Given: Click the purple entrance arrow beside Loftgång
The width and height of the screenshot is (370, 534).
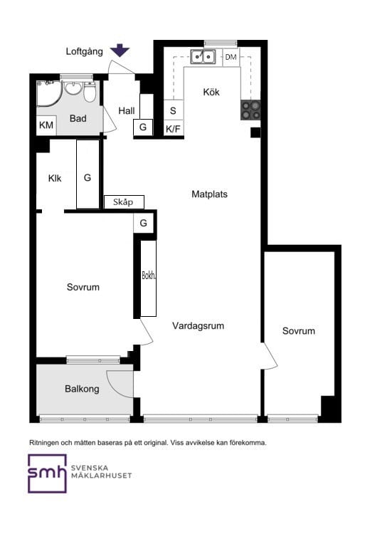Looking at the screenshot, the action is tap(120, 50).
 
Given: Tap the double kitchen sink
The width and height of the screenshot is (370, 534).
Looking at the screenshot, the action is tap(203, 56).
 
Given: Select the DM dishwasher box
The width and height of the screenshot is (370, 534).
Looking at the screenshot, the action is tap(231, 57).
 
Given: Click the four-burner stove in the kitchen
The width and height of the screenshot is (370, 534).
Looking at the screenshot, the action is tap(250, 110).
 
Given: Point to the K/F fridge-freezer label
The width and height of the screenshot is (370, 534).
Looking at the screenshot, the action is tap(173, 129).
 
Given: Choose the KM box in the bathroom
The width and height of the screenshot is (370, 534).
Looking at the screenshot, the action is tap(46, 125).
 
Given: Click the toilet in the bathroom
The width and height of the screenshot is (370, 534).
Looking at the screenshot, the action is tap(90, 92).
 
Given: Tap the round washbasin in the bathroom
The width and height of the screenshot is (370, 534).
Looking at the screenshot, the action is tap(73, 88).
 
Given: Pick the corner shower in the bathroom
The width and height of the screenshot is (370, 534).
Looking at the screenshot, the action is tap(49, 94).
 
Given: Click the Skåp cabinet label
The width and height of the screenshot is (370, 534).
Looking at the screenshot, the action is tap(124, 202).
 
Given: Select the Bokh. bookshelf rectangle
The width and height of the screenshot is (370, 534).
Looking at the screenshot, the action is tap(149, 278).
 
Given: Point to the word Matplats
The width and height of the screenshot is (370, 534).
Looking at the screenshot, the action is tap(209, 194).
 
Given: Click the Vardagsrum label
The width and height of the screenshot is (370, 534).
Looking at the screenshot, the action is tap(198, 326).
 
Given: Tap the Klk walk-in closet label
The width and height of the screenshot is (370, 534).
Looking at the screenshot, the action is tap(55, 178).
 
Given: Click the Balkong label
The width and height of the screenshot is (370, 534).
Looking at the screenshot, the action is tap(82, 389).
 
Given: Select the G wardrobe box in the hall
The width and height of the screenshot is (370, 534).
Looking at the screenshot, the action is tap(142, 127).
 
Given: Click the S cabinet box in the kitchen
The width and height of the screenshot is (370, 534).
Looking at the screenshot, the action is tap(173, 110).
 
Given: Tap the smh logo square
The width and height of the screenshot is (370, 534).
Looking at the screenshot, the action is tap(47, 473).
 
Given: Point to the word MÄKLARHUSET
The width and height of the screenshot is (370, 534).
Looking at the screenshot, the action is tap(102, 476).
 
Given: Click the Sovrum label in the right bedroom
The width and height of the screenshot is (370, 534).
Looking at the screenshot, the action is tap(299, 331).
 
